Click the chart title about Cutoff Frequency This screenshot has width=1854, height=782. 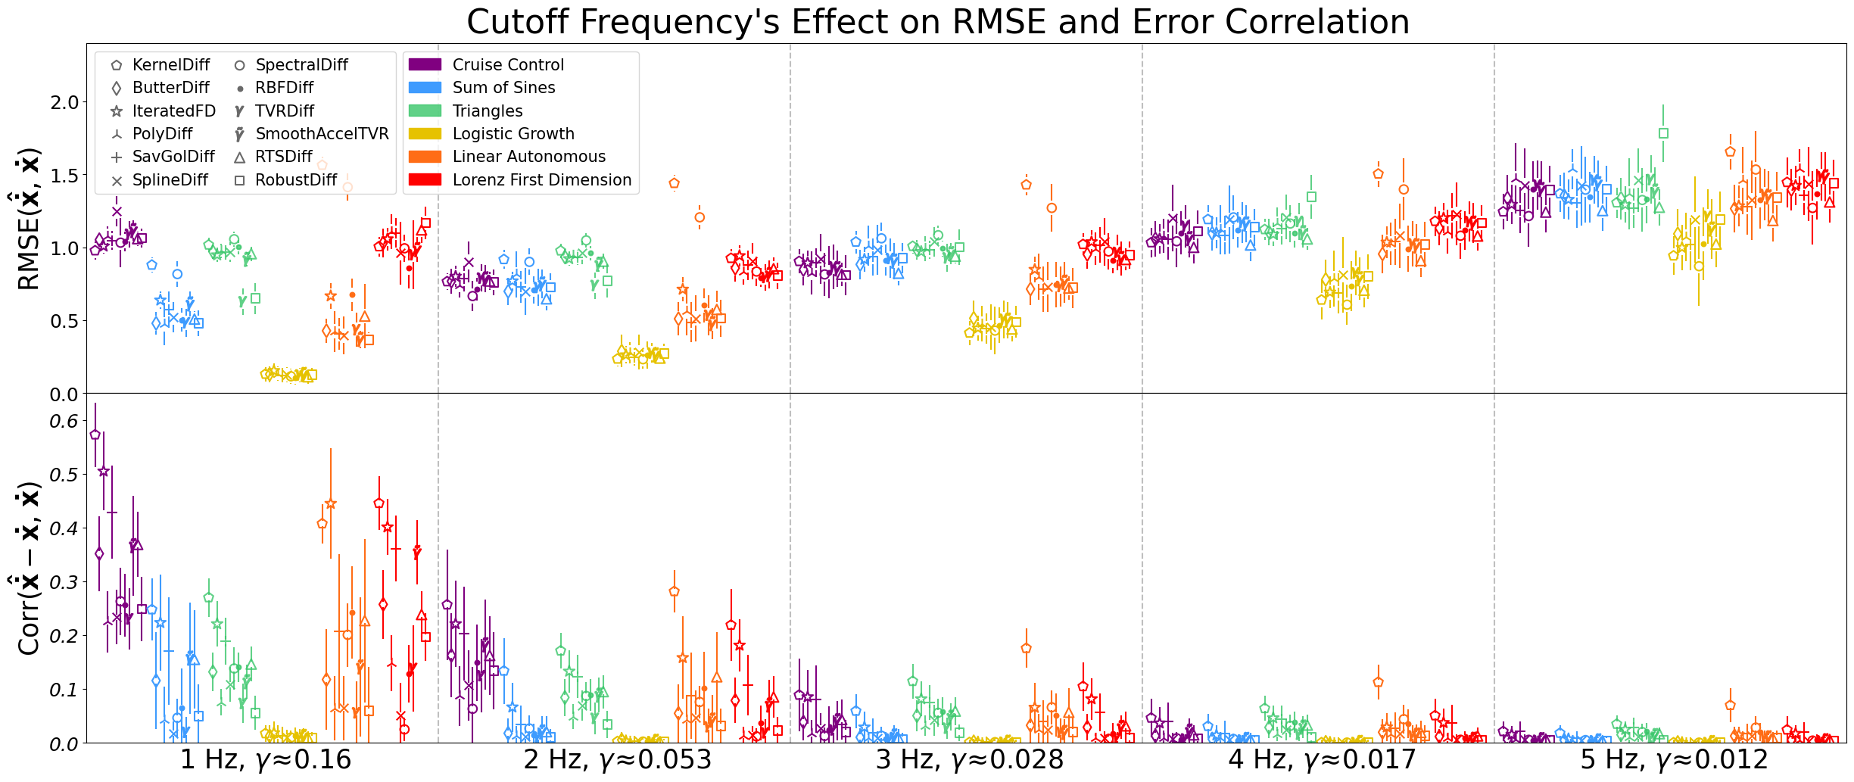click(x=937, y=21)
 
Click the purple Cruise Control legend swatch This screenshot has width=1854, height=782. click(x=425, y=65)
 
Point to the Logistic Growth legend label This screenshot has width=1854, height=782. click(x=513, y=134)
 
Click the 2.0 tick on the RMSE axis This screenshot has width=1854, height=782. click(x=64, y=102)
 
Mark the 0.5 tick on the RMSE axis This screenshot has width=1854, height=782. click(x=64, y=321)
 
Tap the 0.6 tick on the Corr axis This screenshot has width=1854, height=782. click(x=64, y=421)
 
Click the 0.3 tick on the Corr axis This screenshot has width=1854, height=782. click(x=64, y=582)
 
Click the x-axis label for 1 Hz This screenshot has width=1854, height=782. click(x=265, y=759)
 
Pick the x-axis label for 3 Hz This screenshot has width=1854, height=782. click(x=970, y=759)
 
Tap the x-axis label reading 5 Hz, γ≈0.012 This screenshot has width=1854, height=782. click(x=1674, y=759)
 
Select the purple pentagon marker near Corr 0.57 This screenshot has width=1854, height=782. click(x=95, y=435)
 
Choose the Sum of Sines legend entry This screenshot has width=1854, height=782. click(x=503, y=88)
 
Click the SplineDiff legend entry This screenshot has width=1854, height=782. click(x=170, y=180)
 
